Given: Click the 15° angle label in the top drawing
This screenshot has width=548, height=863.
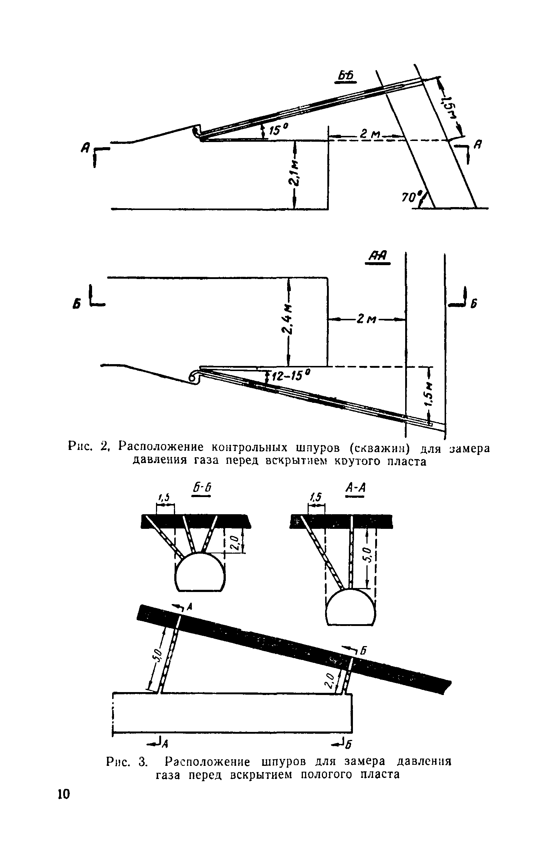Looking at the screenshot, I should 279,130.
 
